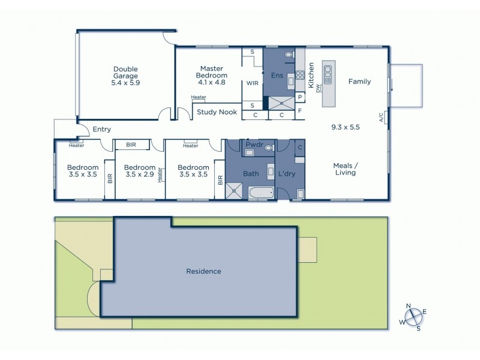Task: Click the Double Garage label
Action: [125, 73]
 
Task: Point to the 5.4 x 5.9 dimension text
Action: [125, 83]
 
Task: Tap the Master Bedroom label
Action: [212, 72]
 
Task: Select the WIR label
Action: [253, 83]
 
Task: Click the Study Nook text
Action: [216, 111]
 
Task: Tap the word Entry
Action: [101, 129]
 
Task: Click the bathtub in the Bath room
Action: [260, 193]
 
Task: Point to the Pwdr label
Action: [254, 145]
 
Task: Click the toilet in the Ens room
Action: [289, 55]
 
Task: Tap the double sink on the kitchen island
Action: [328, 73]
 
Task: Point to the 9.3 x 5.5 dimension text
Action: [346, 127]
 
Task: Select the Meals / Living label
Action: [346, 169]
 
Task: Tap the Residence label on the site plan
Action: [203, 271]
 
